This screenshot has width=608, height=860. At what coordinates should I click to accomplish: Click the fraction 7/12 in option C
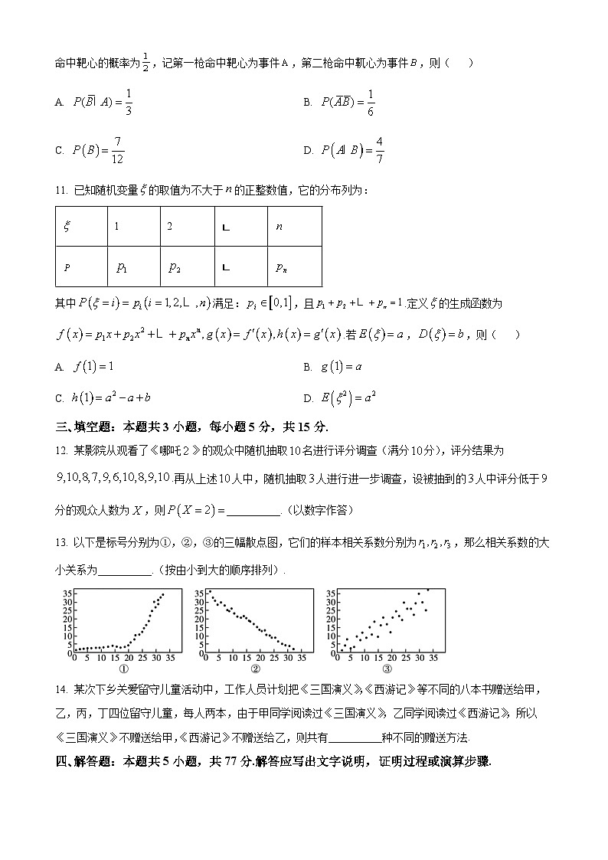[x=118, y=150]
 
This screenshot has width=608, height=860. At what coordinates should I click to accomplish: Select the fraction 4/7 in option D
[x=380, y=150]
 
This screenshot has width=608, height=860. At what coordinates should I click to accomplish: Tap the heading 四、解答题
[x=84, y=762]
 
